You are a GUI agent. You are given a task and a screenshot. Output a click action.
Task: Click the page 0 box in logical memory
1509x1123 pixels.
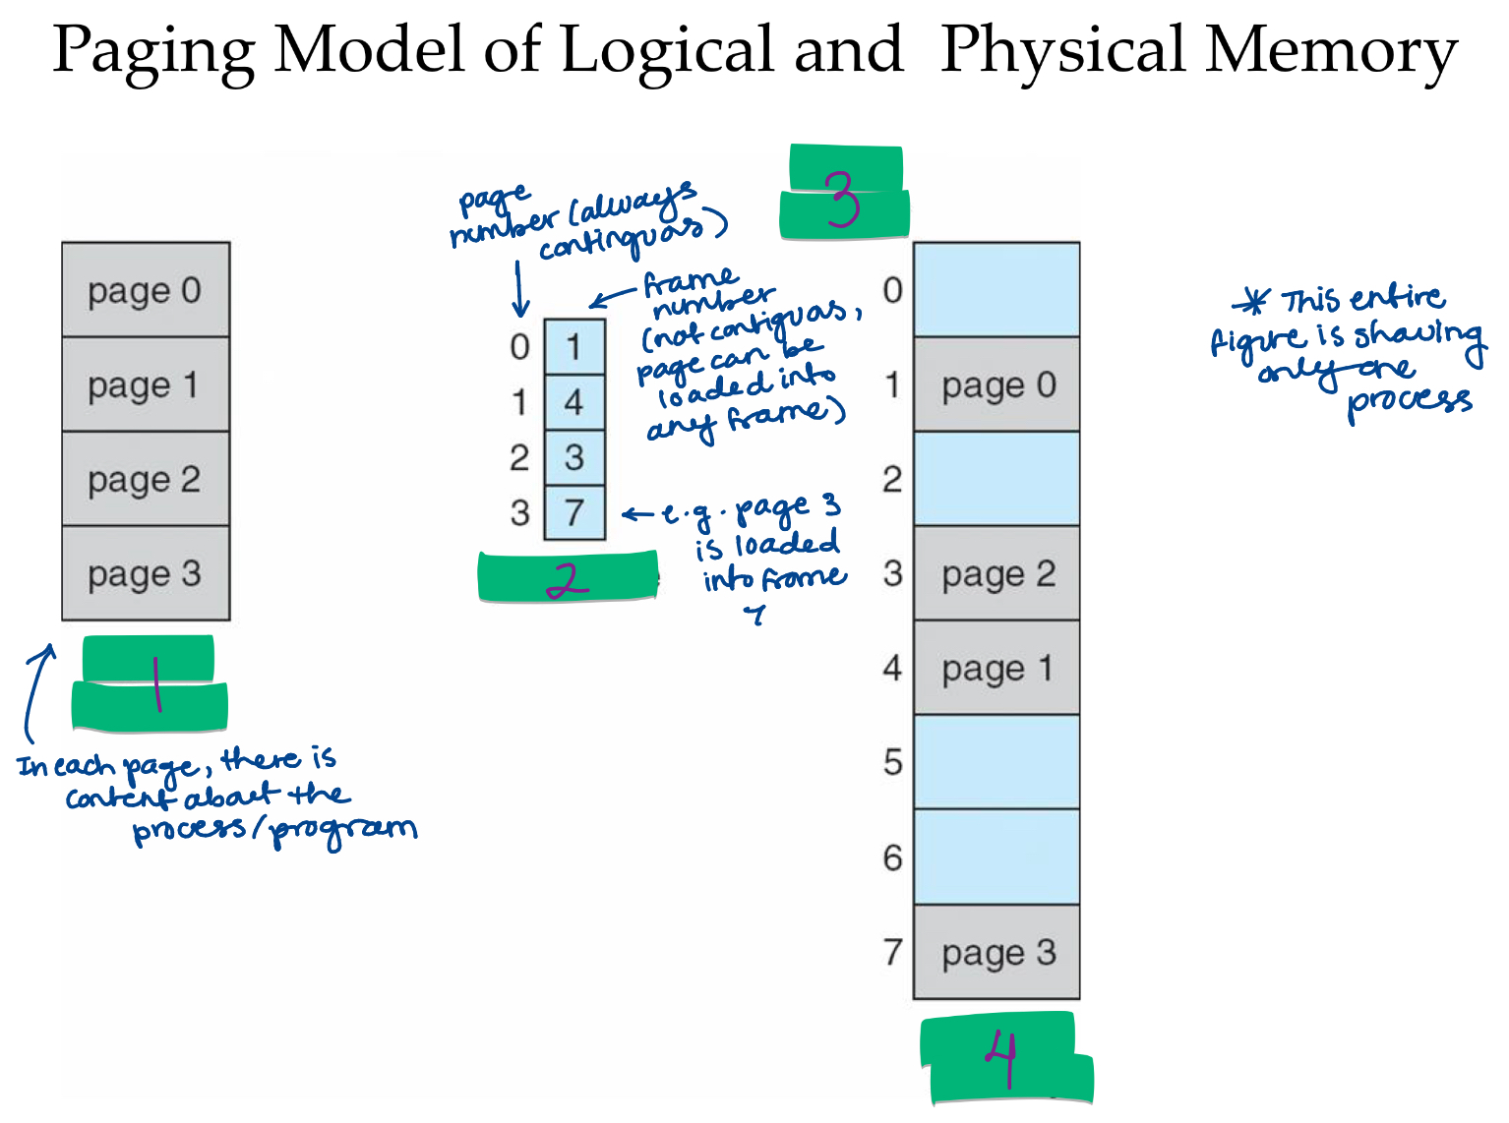click(x=146, y=290)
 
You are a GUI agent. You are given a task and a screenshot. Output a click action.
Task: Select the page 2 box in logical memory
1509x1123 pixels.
click(x=146, y=479)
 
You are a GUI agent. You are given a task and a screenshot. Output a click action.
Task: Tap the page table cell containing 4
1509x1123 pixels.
click(x=574, y=402)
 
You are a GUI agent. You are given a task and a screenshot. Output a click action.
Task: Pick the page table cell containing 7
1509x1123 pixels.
click(x=574, y=512)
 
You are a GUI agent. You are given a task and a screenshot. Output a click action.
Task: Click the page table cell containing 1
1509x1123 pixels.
click(x=574, y=346)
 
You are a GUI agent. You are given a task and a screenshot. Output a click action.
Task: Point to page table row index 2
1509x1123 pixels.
click(x=519, y=457)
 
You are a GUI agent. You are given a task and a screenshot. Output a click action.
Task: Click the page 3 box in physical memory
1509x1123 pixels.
click(x=996, y=952)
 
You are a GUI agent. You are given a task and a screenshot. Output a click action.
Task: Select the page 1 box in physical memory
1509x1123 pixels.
click(x=996, y=669)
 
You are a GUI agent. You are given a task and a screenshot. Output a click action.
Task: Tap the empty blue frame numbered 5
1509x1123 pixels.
click(x=996, y=762)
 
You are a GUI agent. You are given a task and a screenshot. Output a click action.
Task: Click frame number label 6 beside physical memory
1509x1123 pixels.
click(x=892, y=857)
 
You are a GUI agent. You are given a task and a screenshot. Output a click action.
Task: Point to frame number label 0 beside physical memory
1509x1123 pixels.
click(x=892, y=290)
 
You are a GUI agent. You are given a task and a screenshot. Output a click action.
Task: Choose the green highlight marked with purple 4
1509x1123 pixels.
click(x=1006, y=1059)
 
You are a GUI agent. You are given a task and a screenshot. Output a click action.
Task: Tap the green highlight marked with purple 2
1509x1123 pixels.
click(x=568, y=577)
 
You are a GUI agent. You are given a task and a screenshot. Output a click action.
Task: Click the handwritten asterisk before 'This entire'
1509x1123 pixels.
click(x=1252, y=302)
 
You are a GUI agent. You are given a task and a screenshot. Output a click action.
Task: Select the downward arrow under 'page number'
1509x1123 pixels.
click(x=520, y=290)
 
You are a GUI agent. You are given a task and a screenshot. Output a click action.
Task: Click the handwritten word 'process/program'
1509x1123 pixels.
click(x=275, y=831)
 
